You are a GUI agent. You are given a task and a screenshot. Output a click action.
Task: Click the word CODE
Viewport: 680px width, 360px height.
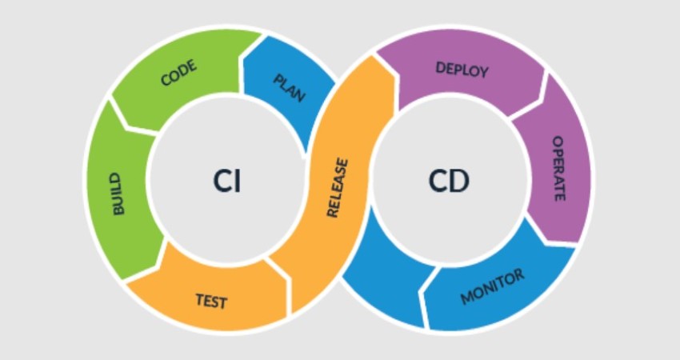(178, 74)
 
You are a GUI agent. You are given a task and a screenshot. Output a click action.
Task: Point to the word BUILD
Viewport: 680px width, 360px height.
(118, 193)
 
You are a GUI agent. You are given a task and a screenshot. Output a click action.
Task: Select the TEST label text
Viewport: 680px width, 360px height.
(211, 301)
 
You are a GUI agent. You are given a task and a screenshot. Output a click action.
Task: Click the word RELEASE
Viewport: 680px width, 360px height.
(338, 189)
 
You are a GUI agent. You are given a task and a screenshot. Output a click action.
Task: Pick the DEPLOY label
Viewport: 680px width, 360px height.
(462, 69)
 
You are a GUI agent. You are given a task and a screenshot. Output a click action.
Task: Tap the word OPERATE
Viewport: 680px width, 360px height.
(558, 168)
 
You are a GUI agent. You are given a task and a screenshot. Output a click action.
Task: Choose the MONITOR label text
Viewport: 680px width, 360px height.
(492, 286)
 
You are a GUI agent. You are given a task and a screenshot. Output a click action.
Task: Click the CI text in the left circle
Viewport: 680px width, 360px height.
(226, 182)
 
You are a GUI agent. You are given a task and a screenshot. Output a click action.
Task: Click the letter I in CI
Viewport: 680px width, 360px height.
(238, 182)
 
